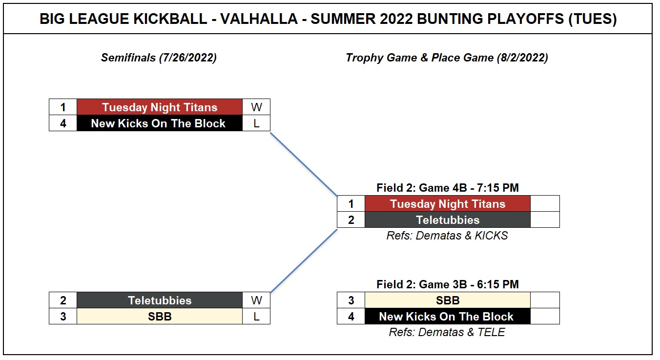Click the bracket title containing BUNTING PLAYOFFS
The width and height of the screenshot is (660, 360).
click(x=328, y=19)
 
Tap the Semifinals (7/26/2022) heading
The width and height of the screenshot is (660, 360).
click(x=159, y=58)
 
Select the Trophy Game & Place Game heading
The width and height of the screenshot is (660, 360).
click(x=447, y=58)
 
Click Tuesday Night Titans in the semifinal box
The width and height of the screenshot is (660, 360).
click(x=160, y=107)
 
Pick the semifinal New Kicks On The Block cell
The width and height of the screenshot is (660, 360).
click(x=160, y=123)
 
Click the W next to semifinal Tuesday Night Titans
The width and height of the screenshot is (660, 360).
click(x=256, y=107)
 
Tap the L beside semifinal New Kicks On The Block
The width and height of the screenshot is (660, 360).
click(x=256, y=123)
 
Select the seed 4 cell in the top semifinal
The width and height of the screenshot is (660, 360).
click(x=63, y=123)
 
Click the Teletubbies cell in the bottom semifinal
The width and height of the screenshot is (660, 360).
click(x=160, y=300)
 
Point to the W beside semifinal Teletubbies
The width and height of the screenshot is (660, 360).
click(x=256, y=300)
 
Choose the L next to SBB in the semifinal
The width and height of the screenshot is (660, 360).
click(x=256, y=317)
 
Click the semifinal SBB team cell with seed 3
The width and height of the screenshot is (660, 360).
click(x=160, y=317)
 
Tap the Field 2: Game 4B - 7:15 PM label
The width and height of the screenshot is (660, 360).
click(x=448, y=188)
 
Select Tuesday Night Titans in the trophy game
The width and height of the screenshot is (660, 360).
click(x=448, y=204)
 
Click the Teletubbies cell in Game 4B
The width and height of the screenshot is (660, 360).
click(x=448, y=220)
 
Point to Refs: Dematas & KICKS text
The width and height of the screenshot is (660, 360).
click(x=447, y=236)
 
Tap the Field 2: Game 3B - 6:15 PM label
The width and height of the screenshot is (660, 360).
click(x=448, y=284)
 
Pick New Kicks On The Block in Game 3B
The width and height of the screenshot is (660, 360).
click(x=448, y=317)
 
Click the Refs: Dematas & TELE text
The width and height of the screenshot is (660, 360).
click(x=447, y=332)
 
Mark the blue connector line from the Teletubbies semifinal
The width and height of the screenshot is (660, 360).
click(x=304, y=261)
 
